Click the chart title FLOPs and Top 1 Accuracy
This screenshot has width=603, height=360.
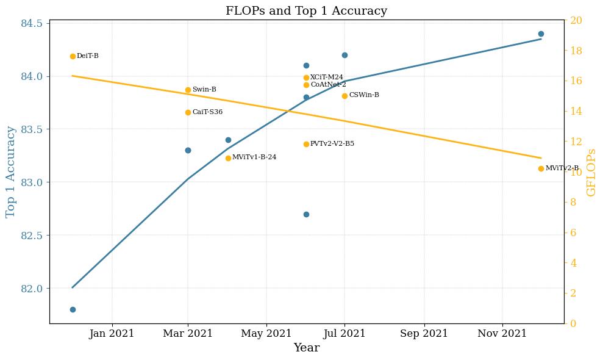tap(306, 11)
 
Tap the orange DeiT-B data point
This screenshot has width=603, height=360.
tap(73, 56)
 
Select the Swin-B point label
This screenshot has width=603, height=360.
tap(204, 90)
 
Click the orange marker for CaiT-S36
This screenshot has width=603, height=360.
tap(188, 112)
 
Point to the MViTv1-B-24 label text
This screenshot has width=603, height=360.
tap(254, 157)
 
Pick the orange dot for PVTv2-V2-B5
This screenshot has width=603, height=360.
tap(306, 144)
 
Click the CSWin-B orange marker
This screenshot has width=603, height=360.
tap(344, 96)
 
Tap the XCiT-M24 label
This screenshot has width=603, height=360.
tap(327, 77)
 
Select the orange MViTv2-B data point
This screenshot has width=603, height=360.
tap(541, 168)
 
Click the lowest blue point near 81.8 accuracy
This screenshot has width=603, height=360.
tap(73, 309)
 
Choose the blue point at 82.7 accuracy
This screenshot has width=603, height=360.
tap(306, 214)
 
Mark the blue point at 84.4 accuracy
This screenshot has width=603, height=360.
tap(541, 34)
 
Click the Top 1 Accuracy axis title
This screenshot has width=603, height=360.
tap(11, 171)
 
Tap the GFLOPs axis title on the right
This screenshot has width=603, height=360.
tap(591, 172)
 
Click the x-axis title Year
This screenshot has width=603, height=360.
tap(306, 348)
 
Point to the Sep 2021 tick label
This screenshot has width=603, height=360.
tap(424, 334)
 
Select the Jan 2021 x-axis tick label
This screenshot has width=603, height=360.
tap(112, 334)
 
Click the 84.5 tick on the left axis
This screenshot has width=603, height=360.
tap(32, 23)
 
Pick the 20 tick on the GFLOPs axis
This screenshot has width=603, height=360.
tap(576, 21)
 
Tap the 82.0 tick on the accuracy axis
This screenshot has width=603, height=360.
tap(32, 289)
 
